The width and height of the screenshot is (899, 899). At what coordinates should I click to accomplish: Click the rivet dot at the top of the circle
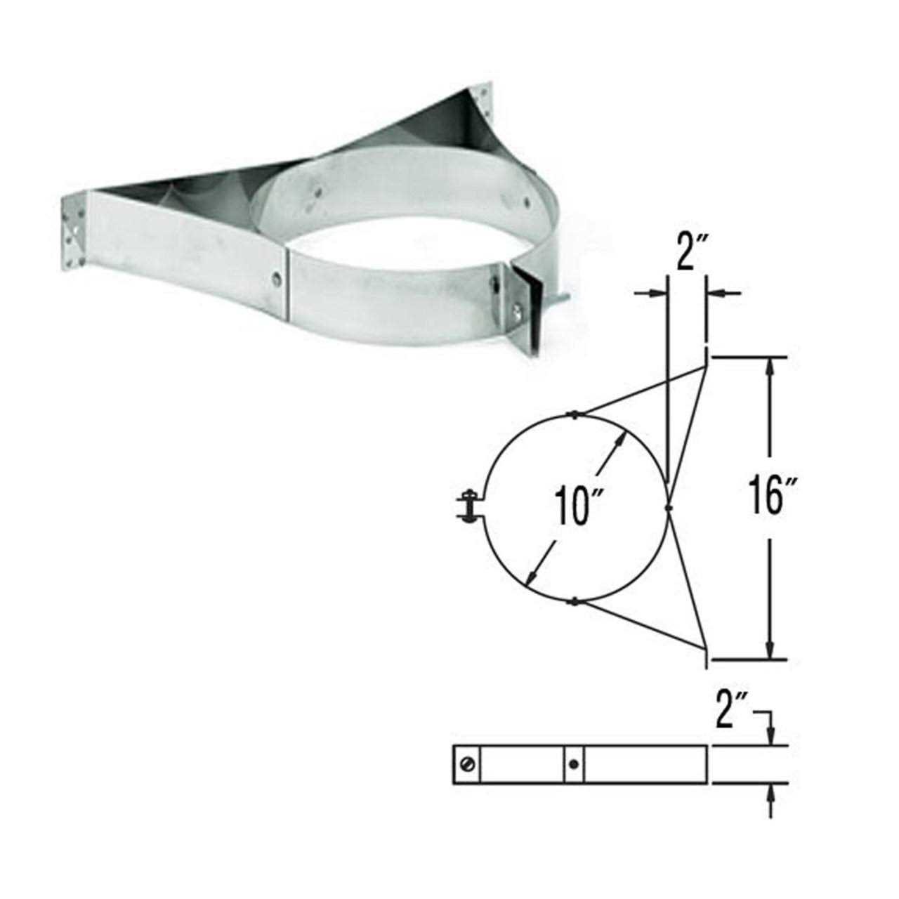point(575,414)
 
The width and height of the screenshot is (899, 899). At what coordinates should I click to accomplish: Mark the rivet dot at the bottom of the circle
point(575,601)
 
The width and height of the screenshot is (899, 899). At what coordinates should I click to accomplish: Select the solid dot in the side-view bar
point(575,764)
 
